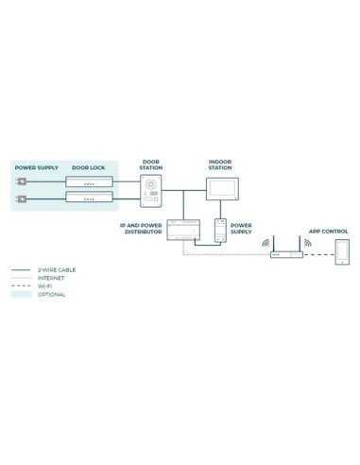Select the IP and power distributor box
182,230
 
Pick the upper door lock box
89,181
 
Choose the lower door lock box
89,198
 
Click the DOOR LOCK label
88,166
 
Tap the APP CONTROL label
328,231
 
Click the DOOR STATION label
151,164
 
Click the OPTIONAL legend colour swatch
21,295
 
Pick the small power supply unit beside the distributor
221,231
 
